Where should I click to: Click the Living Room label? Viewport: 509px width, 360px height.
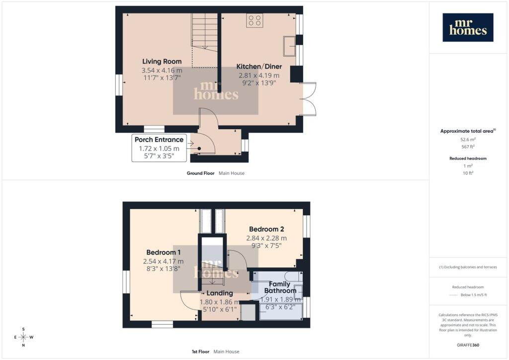tap(162, 61)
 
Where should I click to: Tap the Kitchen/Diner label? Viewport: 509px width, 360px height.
tap(259, 67)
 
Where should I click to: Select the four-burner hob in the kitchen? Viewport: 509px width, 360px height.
tap(254, 20)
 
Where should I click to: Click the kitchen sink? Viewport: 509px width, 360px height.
tap(289, 46)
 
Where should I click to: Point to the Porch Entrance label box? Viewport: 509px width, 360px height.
tap(159, 148)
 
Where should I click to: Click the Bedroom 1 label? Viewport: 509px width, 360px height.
tap(163, 252)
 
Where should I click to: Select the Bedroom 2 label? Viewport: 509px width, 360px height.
tap(266, 229)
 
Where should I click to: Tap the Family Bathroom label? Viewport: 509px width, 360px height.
tap(280, 287)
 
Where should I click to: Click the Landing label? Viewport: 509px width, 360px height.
tap(220, 293)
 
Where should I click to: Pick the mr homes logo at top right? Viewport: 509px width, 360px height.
tap(468, 27)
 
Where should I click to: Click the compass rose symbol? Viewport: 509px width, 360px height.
tap(23, 337)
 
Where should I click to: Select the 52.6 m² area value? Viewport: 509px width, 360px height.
tap(468, 139)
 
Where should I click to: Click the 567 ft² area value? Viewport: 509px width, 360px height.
tap(468, 147)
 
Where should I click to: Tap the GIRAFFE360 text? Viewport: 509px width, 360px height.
tap(468, 345)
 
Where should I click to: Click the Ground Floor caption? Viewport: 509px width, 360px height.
tap(200, 174)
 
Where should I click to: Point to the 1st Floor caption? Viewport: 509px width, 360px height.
tap(200, 352)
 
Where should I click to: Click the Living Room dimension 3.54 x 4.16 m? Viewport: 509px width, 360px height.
tap(162, 70)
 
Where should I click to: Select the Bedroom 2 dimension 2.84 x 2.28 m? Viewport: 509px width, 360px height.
tap(266, 238)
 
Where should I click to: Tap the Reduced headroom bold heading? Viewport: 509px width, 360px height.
tap(468, 159)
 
